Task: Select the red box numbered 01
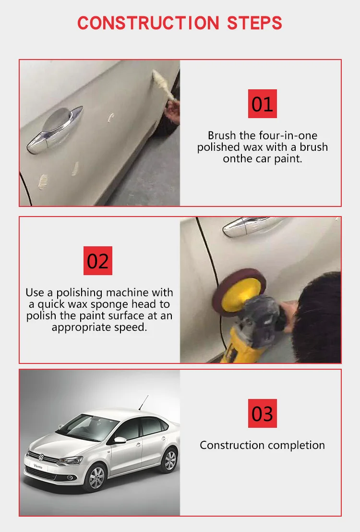[x=262, y=104]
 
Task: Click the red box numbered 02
[x=98, y=261]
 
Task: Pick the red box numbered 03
[x=262, y=413]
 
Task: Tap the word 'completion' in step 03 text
[x=296, y=445]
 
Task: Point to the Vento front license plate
[x=38, y=466]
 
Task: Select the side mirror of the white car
[x=119, y=439]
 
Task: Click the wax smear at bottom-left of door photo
[x=43, y=181]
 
